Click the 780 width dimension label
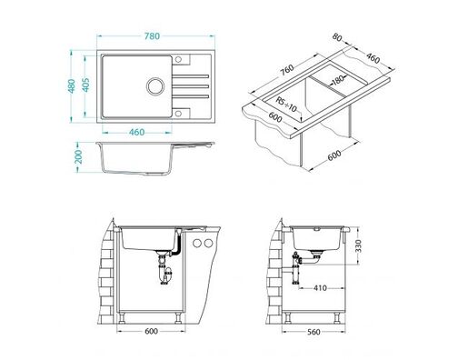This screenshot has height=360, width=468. (152, 35)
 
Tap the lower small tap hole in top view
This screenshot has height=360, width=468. (177, 113)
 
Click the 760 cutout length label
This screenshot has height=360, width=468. (284, 70)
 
